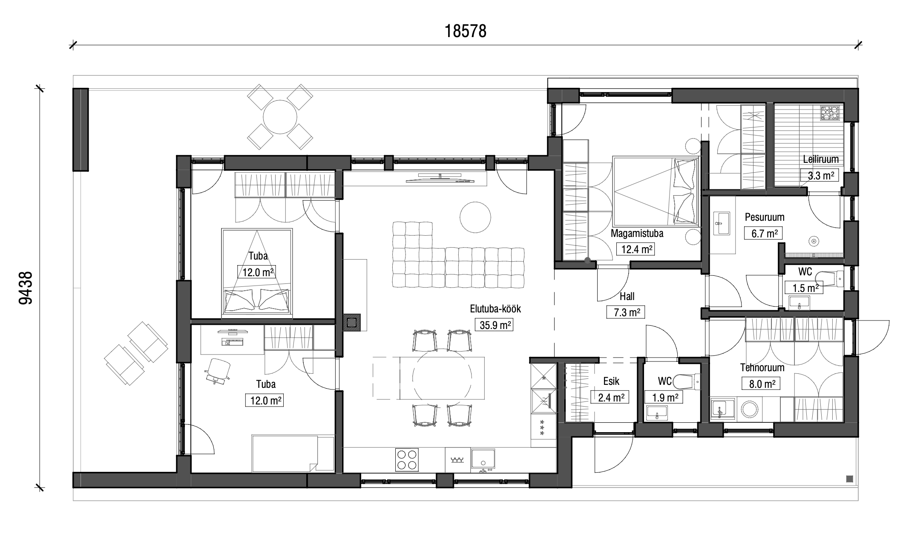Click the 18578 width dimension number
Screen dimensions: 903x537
pos(466,31)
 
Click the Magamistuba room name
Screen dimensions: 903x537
pos(637,233)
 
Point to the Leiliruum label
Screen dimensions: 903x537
pos(821,159)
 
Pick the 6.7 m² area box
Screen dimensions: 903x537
pos(763,233)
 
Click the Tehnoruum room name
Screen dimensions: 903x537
pos(762,367)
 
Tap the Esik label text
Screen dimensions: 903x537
pos(611,381)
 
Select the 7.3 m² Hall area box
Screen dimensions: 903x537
pos(626,312)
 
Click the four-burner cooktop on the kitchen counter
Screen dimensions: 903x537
pos(407,459)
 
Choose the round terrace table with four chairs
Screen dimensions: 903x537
pos(280,116)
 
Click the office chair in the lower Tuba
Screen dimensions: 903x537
pos(218,371)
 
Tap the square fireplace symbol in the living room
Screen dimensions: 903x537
pos(352,322)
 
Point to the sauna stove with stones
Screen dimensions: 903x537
pos(831,114)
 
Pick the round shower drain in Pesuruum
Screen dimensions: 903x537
pos(814,242)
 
